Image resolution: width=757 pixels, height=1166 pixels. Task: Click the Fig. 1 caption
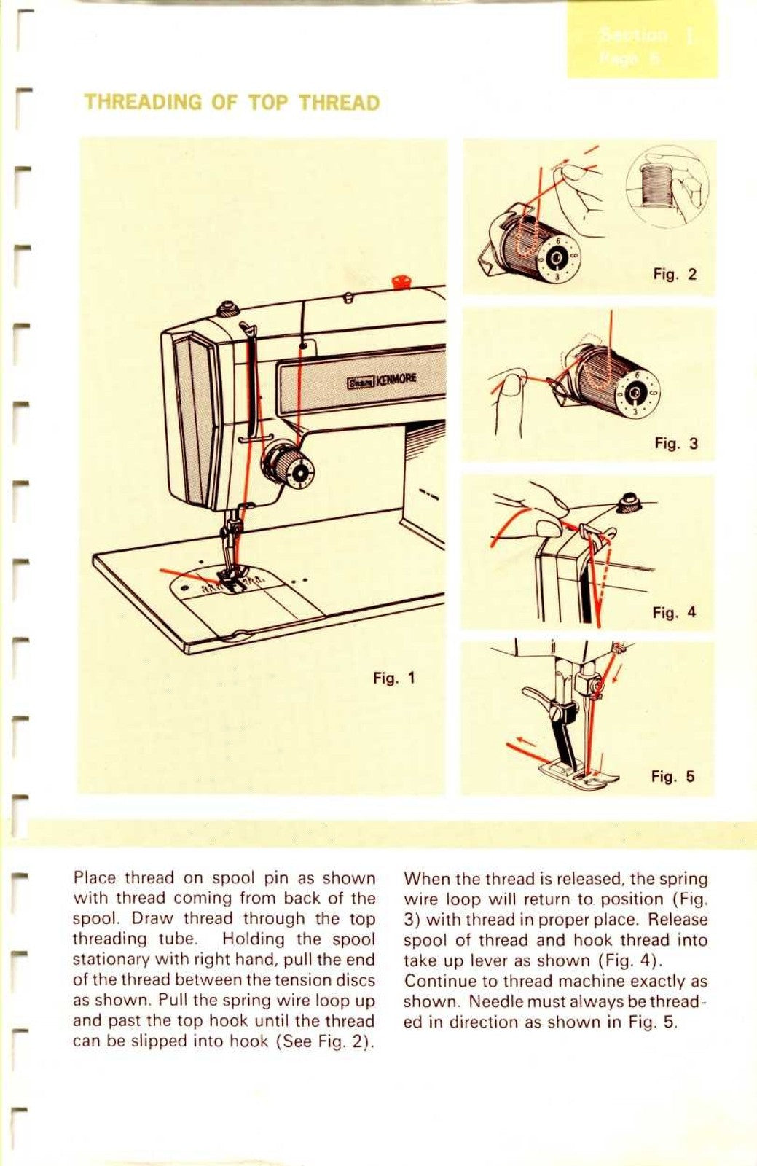pyautogui.click(x=393, y=678)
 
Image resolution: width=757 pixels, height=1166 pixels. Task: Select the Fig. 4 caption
pyautogui.click(x=674, y=613)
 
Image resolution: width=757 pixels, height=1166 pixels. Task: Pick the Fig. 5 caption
pyautogui.click(x=672, y=777)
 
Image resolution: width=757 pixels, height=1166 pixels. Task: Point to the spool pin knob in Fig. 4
pyautogui.click(x=626, y=501)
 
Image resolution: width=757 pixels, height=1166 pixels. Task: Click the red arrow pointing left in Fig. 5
pyautogui.click(x=521, y=744)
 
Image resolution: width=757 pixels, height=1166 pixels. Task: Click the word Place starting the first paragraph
pyautogui.click(x=94, y=878)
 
